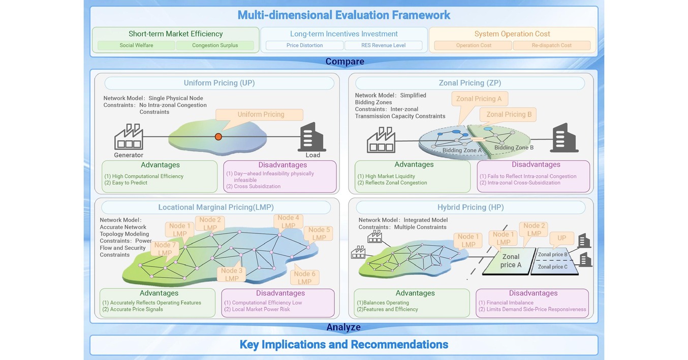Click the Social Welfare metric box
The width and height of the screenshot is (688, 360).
coord(136,45)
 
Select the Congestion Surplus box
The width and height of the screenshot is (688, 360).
coord(215,45)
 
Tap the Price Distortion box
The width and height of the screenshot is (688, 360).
coord(304,45)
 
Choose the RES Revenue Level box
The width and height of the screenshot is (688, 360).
coord(383,45)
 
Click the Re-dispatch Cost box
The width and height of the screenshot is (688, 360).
coord(552,45)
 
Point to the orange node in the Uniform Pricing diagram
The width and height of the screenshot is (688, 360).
coord(218,137)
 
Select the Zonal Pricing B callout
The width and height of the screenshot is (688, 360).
coord(508,114)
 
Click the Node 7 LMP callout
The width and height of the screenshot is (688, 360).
coord(165,249)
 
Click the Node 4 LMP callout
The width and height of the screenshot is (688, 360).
coord(288,221)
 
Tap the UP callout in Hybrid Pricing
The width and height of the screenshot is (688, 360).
coord(561,238)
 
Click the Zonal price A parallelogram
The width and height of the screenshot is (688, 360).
coord(510,261)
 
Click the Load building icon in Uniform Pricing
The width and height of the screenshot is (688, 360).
coord(312,137)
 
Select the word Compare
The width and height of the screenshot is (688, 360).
coord(345,61)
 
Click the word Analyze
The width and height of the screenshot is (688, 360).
coord(343,327)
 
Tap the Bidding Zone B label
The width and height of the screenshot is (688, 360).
coord(514,148)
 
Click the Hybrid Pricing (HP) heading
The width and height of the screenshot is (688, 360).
coord(471,208)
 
